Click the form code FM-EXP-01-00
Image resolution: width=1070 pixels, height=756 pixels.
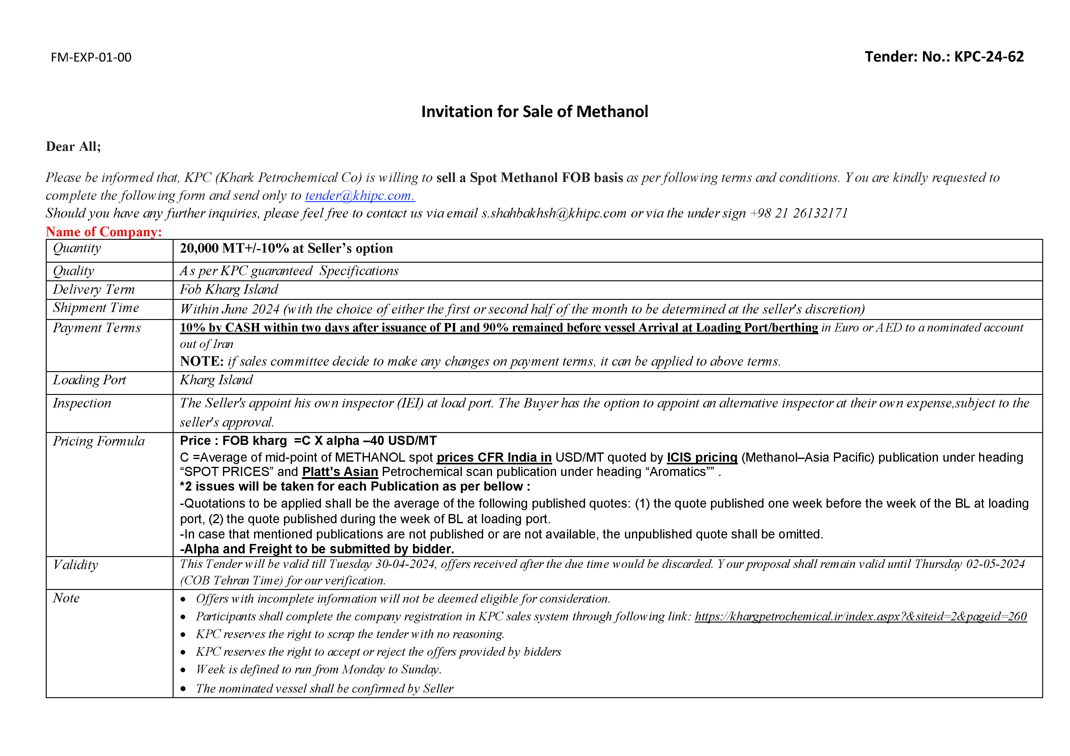pos(91,57)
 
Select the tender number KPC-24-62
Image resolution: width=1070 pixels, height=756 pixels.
pos(989,56)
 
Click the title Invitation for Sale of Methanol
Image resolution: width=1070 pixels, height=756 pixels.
pos(534,112)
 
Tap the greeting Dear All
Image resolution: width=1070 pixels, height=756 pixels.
pos(73,147)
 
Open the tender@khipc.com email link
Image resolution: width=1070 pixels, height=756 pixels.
pos(360,196)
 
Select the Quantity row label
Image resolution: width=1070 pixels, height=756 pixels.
pos(77,248)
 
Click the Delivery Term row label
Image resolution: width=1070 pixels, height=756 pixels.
pos(94,289)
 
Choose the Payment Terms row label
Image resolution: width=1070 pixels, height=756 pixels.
pos(96,328)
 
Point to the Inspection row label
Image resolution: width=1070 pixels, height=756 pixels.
pos(82,403)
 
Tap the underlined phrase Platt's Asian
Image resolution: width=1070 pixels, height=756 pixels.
pos(340,472)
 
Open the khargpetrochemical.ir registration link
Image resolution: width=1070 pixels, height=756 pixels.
pos(860,616)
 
